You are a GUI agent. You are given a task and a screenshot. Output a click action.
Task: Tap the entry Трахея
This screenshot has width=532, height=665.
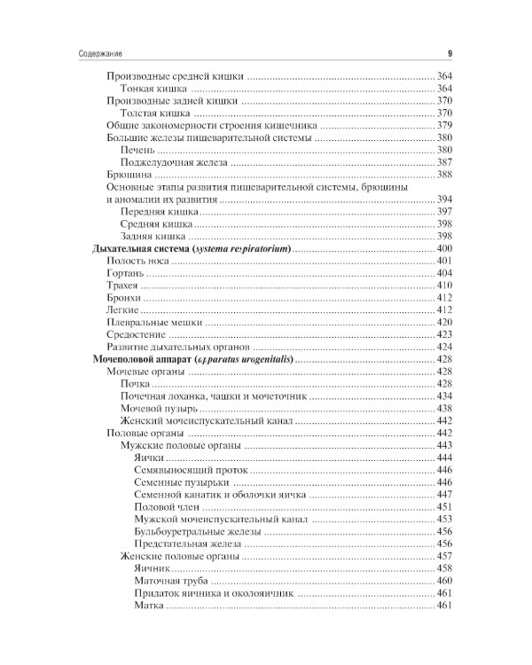point(122,286)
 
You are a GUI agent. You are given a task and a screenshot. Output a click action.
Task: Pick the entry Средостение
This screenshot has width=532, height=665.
point(132,334)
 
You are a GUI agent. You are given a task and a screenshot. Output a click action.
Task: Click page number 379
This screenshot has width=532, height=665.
point(445,126)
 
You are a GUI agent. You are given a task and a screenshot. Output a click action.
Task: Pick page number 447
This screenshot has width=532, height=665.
point(445,494)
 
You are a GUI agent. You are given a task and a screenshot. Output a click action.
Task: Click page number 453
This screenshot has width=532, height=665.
point(445,519)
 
